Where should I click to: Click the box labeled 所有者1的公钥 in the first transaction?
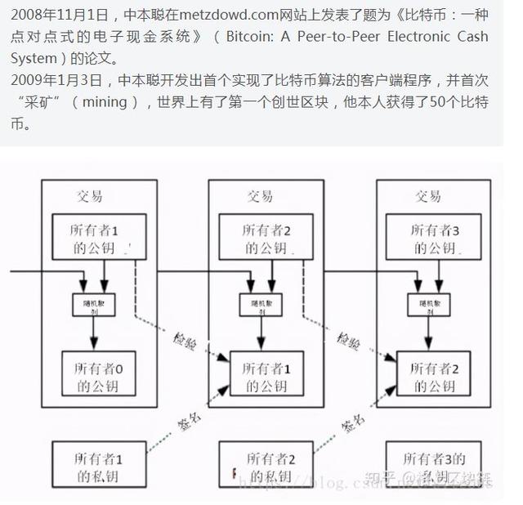pos(95,238)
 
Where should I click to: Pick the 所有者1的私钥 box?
pos(95,467)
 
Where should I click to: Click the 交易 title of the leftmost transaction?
pos(91,196)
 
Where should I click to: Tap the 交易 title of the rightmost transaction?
pos(427,196)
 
